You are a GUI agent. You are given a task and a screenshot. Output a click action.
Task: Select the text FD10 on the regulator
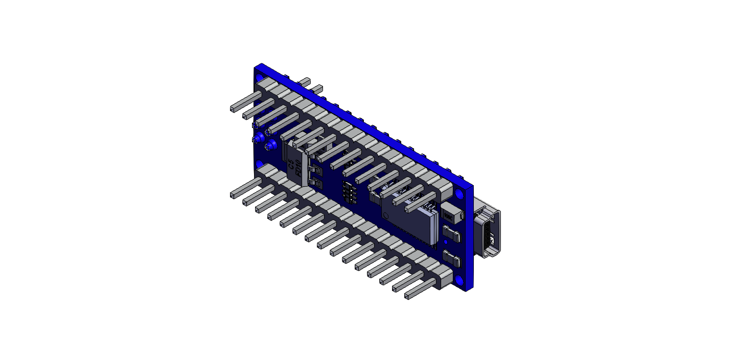(298, 167)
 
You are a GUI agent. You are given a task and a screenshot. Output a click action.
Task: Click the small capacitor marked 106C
(449, 214)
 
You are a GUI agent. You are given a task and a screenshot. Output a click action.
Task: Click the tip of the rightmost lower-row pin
(408, 296)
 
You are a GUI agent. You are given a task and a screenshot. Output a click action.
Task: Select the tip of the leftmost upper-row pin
(232, 109)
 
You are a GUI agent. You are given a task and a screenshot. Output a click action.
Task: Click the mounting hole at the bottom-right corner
(459, 281)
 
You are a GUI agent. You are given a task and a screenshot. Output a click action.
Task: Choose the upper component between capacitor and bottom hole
(452, 236)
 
